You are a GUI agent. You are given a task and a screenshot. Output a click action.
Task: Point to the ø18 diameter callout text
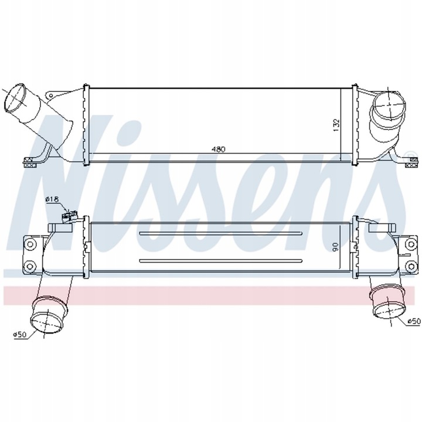tap(52, 200)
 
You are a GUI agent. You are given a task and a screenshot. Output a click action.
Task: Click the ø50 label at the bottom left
tap(21, 335)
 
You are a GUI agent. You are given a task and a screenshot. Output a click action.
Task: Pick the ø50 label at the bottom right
tap(414, 321)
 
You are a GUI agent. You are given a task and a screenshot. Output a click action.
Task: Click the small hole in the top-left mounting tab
tap(52, 96)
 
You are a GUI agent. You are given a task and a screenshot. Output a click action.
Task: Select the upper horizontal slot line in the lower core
tap(220, 233)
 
